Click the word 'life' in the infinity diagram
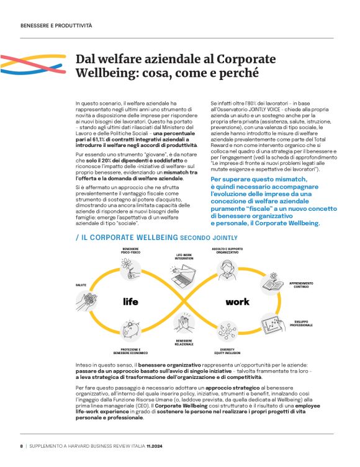130,302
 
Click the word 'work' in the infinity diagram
237,302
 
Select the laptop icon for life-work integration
184,277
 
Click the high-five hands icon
184,324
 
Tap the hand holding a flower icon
130,268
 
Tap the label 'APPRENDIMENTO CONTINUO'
301,285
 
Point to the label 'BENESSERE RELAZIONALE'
184,342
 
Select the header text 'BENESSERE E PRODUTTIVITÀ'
56,26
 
